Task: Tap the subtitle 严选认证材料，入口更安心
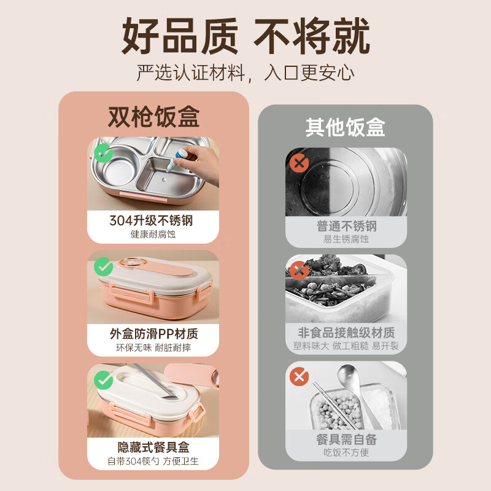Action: click(245, 73)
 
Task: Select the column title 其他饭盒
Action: click(345, 127)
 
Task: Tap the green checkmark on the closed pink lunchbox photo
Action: click(104, 266)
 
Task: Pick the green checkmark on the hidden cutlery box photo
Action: click(104, 380)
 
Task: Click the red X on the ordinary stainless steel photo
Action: click(299, 163)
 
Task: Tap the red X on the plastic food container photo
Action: click(299, 271)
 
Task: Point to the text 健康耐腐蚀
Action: click(153, 234)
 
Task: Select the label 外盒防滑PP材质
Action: click(153, 334)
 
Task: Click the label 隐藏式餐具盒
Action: click(153, 447)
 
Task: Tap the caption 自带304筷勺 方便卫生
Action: click(153, 461)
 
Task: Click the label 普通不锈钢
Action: click(346, 226)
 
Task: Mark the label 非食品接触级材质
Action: click(346, 333)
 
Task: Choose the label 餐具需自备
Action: click(346, 439)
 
